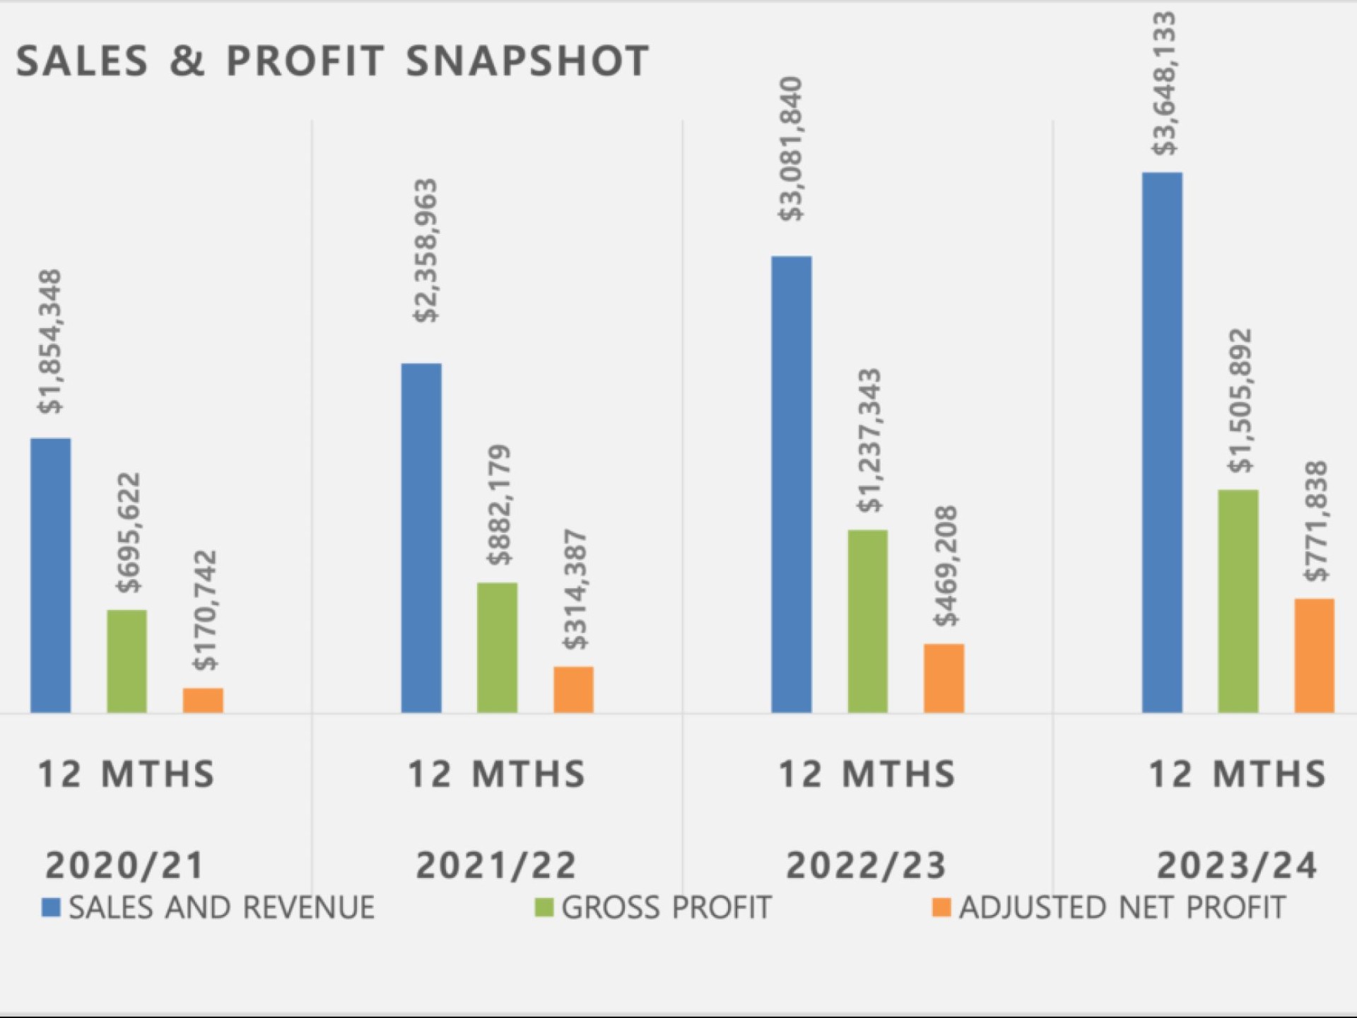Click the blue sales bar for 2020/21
pyautogui.click(x=50, y=575)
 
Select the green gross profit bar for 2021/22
pyautogui.click(x=497, y=648)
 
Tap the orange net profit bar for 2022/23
pyautogui.click(x=944, y=678)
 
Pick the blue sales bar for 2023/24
pyautogui.click(x=1162, y=443)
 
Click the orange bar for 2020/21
pyautogui.click(x=203, y=700)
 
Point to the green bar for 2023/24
pyautogui.click(x=1238, y=601)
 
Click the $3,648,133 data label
pyautogui.click(x=1164, y=83)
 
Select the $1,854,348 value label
pyautogui.click(x=51, y=341)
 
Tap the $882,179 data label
pyautogui.click(x=499, y=505)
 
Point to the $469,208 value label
pyautogui.click(x=946, y=566)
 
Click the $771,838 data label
pyautogui.click(x=1316, y=521)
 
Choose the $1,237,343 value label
pyautogui.click(x=869, y=440)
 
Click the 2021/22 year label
pyautogui.click(x=496, y=865)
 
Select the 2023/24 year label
pyautogui.click(x=1237, y=865)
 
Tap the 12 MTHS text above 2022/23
pyautogui.click(x=867, y=774)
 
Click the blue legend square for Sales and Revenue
pyautogui.click(x=51, y=908)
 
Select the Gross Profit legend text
pyautogui.click(x=666, y=908)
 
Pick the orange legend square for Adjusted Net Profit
pyautogui.click(x=941, y=908)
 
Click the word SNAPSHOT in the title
pyautogui.click(x=527, y=62)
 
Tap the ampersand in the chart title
pyautogui.click(x=187, y=62)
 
